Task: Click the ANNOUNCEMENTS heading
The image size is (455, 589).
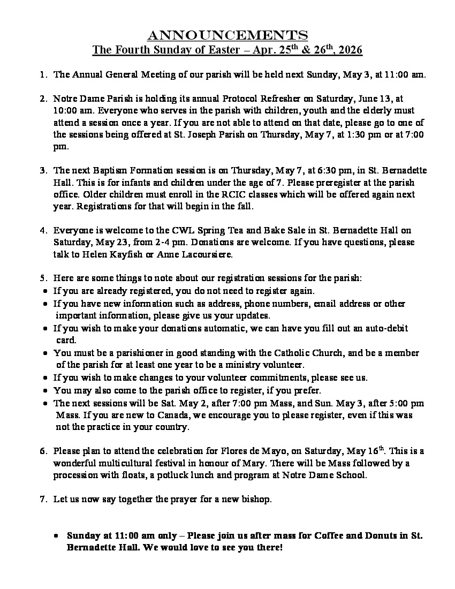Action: tap(227, 35)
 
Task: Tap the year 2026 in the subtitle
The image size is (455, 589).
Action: tap(350, 50)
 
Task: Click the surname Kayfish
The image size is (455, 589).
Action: tap(121, 254)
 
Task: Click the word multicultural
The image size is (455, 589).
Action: tap(126, 463)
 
